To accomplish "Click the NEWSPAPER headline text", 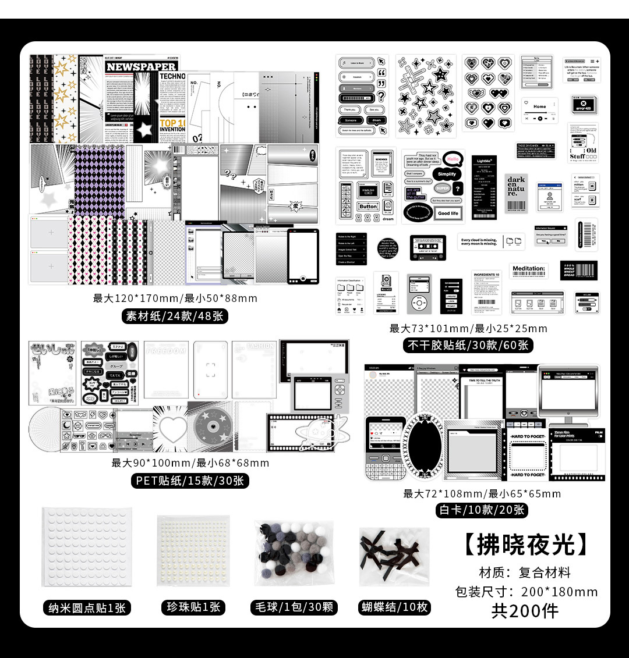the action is point(140,67).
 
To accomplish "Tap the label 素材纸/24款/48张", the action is point(175,316).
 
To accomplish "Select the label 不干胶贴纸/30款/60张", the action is point(468,345).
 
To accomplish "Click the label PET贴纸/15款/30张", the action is point(190,481).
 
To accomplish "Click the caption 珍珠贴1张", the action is point(194,607).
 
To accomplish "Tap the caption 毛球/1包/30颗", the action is point(294,607).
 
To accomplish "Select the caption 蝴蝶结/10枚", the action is point(394,607).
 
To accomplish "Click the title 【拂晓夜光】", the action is point(526,544).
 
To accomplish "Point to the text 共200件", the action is point(525,611).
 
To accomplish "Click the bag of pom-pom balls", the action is point(294,552).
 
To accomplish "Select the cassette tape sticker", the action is point(428,247).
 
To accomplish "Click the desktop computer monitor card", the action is point(568,392).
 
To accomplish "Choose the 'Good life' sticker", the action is point(448,214).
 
